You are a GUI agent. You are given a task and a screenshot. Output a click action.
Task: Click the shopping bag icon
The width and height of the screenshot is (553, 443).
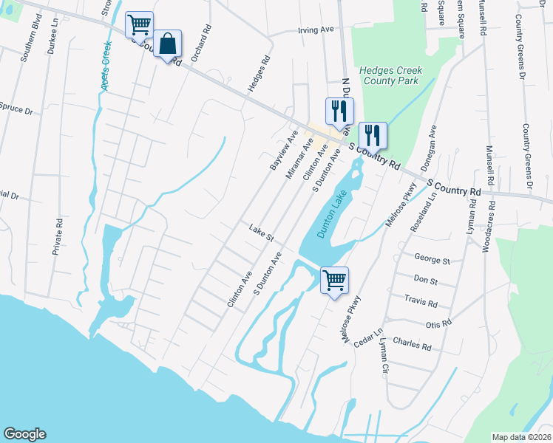(168, 44)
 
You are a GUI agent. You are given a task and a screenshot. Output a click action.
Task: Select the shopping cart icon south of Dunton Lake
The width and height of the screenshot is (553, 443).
(334, 280)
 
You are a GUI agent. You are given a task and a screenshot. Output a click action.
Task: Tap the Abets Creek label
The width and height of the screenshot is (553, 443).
(105, 66)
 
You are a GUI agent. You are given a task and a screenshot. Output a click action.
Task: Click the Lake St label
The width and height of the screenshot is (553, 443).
(262, 233)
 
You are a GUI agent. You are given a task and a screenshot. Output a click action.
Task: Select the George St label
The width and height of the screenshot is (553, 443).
(432, 260)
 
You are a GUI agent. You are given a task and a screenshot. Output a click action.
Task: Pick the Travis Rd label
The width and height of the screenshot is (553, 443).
(421, 303)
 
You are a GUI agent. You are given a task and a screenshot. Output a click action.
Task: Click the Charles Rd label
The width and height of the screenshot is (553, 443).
(412, 344)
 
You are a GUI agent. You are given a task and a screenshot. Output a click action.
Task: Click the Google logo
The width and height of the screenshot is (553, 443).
(24, 434)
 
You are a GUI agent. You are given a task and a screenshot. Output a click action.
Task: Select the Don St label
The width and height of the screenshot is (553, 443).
(426, 281)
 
